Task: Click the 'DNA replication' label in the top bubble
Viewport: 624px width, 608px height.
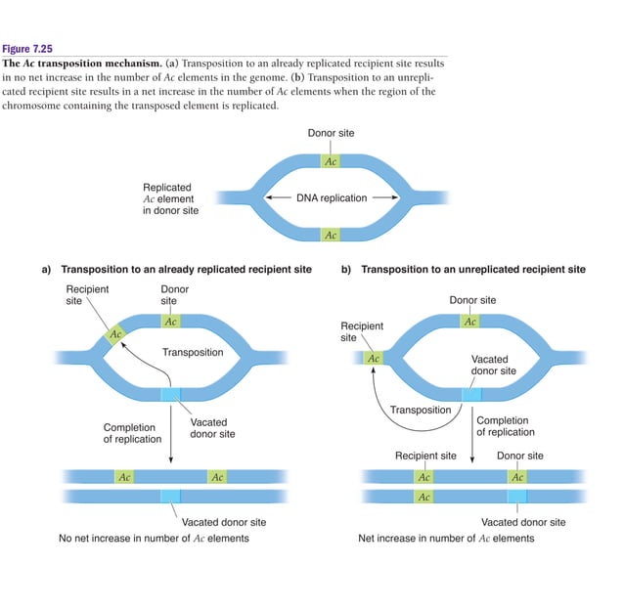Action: coord(332,198)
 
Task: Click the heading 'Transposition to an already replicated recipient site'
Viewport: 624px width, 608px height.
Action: coord(186,269)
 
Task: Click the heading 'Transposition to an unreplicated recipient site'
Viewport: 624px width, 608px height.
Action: coord(473,269)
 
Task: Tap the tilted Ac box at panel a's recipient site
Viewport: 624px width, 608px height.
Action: coord(116,334)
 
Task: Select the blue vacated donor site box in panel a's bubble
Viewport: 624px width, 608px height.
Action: coord(171,394)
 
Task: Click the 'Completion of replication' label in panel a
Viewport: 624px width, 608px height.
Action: coord(132,433)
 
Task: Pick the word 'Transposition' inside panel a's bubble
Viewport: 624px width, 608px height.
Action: coord(193,353)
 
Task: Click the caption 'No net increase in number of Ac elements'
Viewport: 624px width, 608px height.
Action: coord(154,539)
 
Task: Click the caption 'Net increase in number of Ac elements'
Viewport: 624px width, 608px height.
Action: coord(446,539)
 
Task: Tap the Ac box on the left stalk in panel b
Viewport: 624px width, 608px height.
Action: coord(373,358)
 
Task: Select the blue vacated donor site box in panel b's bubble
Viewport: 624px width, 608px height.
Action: coord(471,394)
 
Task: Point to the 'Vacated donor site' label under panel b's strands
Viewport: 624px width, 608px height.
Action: coord(523,522)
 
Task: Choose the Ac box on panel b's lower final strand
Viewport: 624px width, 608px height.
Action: coord(423,497)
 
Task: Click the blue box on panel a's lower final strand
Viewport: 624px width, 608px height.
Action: coord(171,497)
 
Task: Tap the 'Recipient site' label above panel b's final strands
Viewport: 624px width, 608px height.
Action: coord(425,456)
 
